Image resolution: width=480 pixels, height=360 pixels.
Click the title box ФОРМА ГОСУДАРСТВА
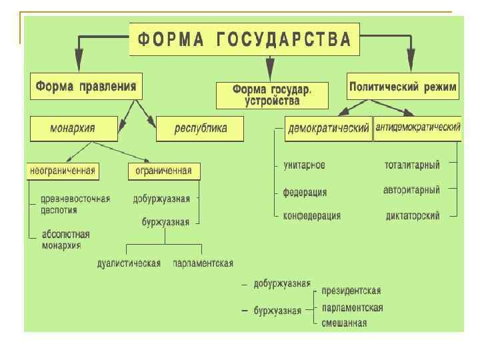point(244,39)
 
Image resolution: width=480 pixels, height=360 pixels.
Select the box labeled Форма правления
point(86,87)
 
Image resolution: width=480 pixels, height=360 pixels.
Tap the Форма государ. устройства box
point(272,95)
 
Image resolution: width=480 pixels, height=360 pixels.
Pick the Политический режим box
point(403,87)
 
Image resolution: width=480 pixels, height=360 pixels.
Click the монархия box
point(73,129)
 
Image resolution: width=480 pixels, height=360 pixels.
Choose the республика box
point(201,129)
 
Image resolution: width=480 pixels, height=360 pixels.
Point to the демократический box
point(328,129)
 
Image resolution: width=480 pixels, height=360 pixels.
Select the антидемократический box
point(418,127)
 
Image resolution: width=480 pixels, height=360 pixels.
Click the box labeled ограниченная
point(163,171)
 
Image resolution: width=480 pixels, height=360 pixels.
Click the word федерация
point(305,193)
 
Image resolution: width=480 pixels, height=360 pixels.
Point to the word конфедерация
point(312,216)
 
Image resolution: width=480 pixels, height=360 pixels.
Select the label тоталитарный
point(412,165)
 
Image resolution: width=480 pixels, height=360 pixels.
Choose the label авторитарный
point(411,191)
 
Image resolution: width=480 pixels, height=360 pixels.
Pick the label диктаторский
point(413,216)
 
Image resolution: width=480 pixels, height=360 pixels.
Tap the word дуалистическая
point(129,263)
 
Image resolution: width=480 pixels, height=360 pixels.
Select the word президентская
point(351,291)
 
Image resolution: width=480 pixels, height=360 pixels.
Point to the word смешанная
point(344,323)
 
